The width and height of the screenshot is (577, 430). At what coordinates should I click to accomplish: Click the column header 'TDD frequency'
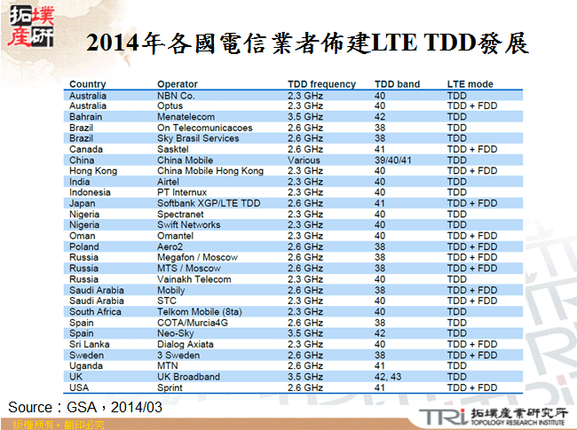[321, 84]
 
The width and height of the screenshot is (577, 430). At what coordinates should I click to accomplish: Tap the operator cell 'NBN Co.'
[176, 95]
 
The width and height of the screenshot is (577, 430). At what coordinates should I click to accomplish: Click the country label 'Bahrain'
[85, 116]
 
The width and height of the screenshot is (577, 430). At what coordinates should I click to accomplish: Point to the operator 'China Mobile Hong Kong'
[209, 171]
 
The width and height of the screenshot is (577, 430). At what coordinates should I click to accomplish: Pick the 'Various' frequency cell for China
[304, 160]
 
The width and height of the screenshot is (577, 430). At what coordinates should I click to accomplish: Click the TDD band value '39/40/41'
[392, 160]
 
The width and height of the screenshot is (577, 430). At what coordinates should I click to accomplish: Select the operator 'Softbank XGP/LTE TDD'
[209, 204]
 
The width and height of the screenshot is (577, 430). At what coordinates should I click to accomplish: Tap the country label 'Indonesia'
[90, 192]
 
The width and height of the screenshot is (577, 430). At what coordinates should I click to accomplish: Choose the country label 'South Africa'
[94, 312]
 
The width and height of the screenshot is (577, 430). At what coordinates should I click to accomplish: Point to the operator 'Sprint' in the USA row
[170, 387]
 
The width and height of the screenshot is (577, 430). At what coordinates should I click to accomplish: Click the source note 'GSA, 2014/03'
[112, 407]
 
